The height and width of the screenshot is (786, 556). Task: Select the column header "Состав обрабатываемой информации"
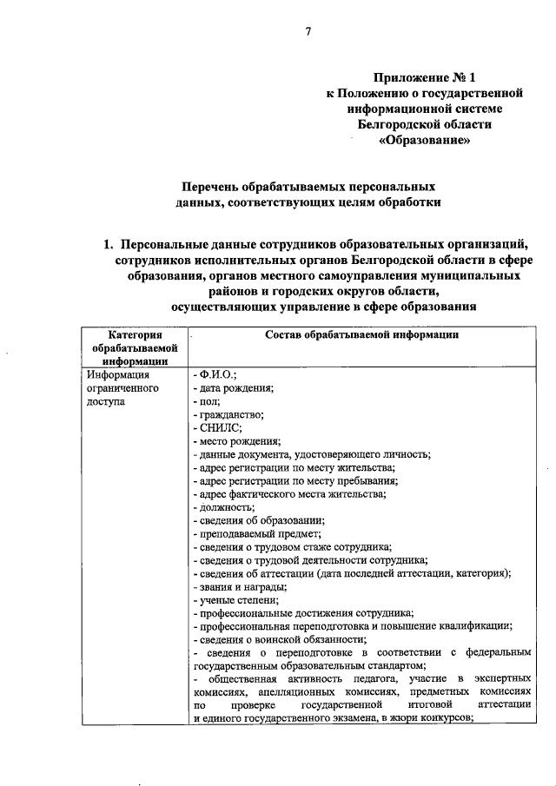[x=361, y=336]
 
